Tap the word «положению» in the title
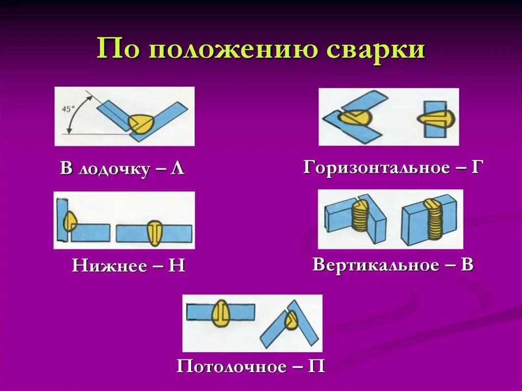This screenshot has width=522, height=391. tap(232, 50)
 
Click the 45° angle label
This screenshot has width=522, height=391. tap(68, 109)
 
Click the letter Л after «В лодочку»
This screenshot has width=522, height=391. tap(177, 169)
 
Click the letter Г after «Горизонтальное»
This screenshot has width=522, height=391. tap(476, 167)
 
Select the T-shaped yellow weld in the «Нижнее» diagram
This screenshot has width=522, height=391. tap(154, 232)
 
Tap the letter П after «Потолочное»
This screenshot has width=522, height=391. tap(317, 367)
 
